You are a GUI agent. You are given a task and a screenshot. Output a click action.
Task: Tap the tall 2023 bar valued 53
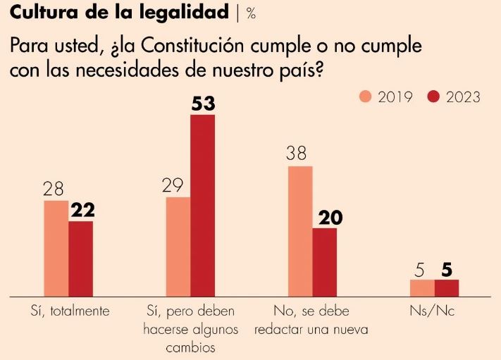[x=202, y=205]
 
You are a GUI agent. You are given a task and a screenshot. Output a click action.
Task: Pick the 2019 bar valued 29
[x=178, y=247]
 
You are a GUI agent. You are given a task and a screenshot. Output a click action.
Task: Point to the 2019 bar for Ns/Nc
[x=422, y=288]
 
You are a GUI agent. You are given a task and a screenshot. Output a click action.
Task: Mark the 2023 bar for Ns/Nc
[x=447, y=288]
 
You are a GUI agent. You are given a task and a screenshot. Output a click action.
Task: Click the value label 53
[x=202, y=104]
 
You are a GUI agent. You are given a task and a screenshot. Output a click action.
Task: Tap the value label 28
[x=54, y=190]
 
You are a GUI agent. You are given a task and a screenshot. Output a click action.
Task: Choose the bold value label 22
[x=82, y=211]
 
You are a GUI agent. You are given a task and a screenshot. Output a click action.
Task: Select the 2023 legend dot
[x=433, y=97]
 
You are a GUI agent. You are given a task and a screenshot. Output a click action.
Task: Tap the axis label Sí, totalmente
[x=70, y=311]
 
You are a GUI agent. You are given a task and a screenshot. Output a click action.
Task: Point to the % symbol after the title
[x=251, y=13]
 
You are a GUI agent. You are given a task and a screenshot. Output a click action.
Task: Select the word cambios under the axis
[x=190, y=347]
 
